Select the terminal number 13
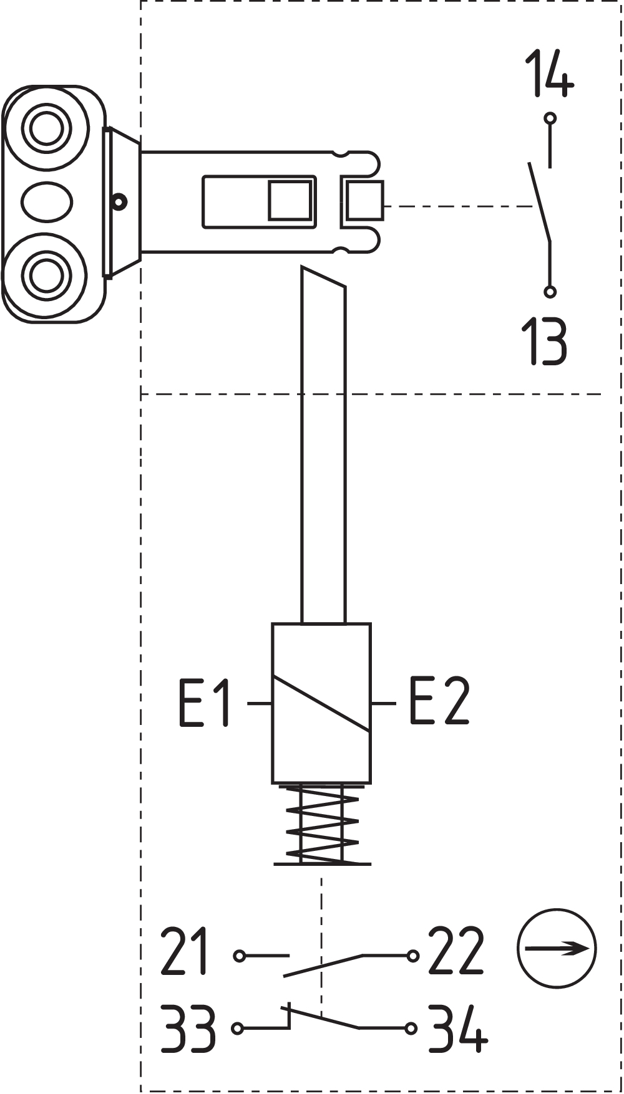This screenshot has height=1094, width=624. click(545, 341)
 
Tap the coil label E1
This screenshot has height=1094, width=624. click(205, 703)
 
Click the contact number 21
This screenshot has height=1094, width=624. click(184, 951)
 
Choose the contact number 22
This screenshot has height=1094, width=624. click(456, 951)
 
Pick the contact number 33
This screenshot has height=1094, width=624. click(188, 1028)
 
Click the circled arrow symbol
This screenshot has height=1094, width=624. click(557, 948)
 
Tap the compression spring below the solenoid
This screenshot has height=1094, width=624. click(322, 824)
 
